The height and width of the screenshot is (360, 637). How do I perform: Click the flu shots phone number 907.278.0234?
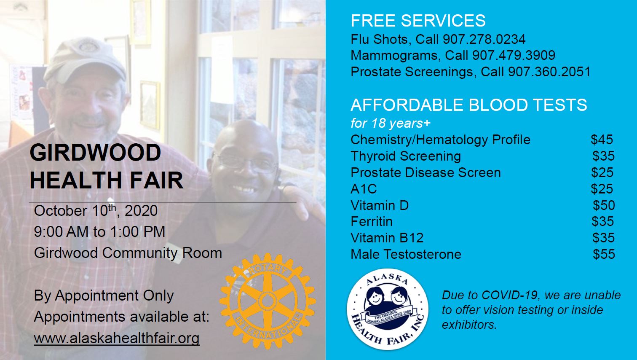click(x=484, y=39)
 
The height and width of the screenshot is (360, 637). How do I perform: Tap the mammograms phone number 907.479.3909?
click(x=514, y=55)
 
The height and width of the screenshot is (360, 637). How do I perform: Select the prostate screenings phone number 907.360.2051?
click(x=549, y=72)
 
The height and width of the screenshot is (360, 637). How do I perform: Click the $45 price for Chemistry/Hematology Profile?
click(x=602, y=140)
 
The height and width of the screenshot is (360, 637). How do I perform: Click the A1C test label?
click(x=364, y=189)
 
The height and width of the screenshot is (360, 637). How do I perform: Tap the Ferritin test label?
click(x=372, y=222)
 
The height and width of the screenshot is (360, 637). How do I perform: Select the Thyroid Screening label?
click(x=406, y=156)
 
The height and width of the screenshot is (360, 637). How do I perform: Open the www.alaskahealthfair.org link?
click(x=117, y=339)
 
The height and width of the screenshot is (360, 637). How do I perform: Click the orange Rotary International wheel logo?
click(x=267, y=301)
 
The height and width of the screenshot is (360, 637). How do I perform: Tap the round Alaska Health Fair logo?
click(x=388, y=309)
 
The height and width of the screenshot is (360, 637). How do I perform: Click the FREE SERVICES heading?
click(x=418, y=21)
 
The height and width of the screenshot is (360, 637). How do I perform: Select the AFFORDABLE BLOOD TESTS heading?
click(x=469, y=105)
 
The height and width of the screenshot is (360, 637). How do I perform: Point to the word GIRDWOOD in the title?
click(x=95, y=153)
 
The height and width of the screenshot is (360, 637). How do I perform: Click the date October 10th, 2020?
click(x=96, y=211)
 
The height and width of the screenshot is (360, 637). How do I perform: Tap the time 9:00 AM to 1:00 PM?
click(x=99, y=232)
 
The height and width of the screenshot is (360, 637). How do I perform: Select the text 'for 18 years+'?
click(x=391, y=124)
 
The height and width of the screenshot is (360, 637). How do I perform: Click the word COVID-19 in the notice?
click(x=510, y=296)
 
